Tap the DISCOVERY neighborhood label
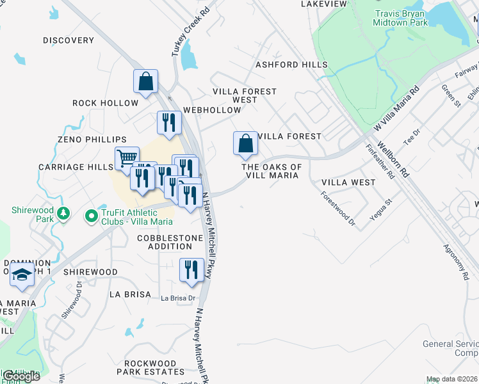69,40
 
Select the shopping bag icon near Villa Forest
245,143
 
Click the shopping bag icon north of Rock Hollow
145,81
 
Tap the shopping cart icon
127,158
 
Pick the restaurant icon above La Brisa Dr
191,270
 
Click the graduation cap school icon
22,275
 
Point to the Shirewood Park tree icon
63,212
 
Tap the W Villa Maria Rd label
396,109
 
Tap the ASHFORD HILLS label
291,65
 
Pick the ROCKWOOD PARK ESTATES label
154,367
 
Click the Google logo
21,376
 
